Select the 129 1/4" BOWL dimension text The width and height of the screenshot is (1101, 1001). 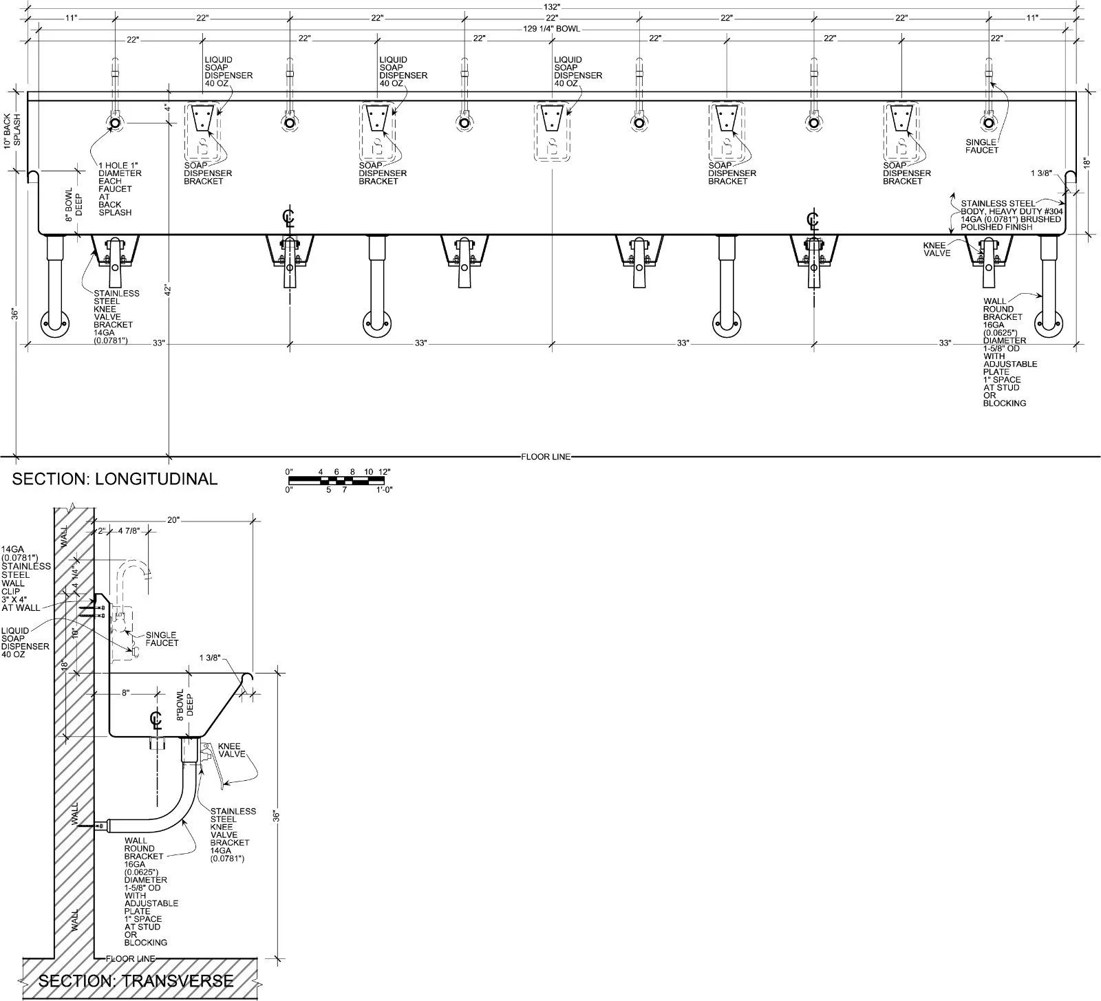pos(551,28)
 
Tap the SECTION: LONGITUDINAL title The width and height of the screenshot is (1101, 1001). pos(115,479)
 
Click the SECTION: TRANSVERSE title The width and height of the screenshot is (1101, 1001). pos(136,980)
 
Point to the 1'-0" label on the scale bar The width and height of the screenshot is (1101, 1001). pos(384,490)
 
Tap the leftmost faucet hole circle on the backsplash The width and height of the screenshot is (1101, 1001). pos(115,123)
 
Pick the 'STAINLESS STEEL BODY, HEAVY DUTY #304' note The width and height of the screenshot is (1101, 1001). pos(1011,207)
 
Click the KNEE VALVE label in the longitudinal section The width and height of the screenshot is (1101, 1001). pos(937,249)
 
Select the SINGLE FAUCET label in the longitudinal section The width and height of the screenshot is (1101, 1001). pos(981,146)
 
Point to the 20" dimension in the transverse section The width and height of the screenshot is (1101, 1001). pos(173,520)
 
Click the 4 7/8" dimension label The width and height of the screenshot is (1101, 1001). pos(129,531)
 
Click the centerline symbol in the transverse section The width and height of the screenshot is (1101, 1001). pos(156,720)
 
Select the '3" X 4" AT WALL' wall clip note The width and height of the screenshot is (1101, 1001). pos(20,603)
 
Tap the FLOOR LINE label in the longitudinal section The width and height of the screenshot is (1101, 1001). pos(546,457)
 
